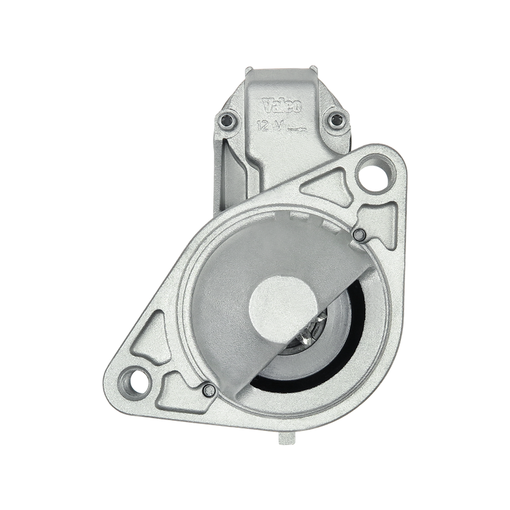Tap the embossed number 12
tap(263, 125)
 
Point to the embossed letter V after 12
tap(277, 126)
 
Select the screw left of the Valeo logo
tap(226, 121)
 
